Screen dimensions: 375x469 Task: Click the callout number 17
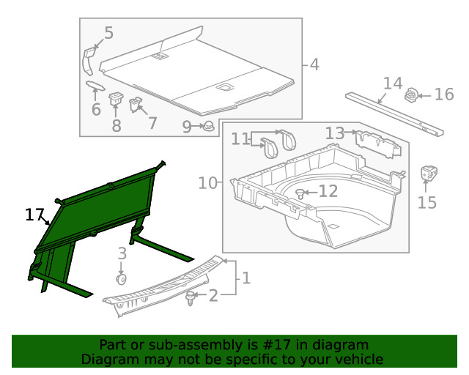(x=34, y=215)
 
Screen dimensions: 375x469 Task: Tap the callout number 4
(x=314, y=64)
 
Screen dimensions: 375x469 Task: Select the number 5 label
(x=108, y=33)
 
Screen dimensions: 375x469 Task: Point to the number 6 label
(x=96, y=110)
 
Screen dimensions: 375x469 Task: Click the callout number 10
(x=208, y=182)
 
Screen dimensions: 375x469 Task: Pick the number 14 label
(x=393, y=83)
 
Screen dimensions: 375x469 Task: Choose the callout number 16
(x=444, y=94)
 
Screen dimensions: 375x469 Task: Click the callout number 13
(x=334, y=133)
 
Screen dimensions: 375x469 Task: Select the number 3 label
(x=122, y=253)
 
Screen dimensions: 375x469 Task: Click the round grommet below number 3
(x=121, y=279)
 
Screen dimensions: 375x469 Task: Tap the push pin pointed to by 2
(x=192, y=297)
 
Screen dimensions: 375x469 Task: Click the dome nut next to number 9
(x=209, y=126)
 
